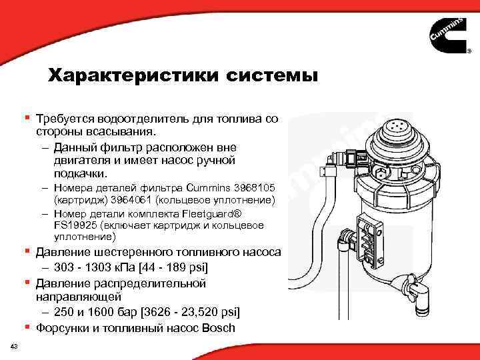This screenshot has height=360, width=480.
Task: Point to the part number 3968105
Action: pos(256,189)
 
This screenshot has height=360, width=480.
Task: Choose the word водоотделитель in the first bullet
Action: pos(129,119)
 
